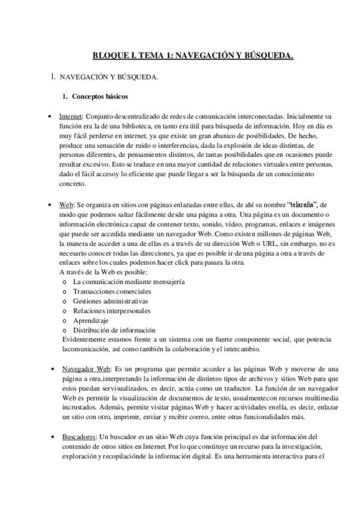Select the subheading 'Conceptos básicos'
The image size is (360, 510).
tap(99, 96)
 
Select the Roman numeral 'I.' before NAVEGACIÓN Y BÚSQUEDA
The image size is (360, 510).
tap(54, 76)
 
